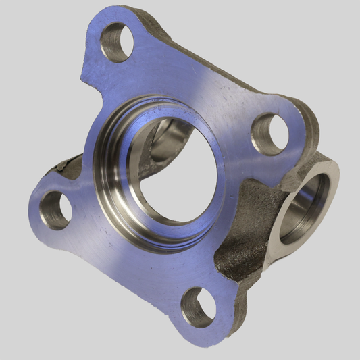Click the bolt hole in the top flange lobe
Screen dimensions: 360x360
click(115, 42)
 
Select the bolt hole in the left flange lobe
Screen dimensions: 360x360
click(55, 210)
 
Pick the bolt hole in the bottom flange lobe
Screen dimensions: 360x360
click(199, 308)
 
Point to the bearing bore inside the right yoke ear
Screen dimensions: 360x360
click(307, 203)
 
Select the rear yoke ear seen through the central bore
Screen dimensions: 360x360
click(169, 135)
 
